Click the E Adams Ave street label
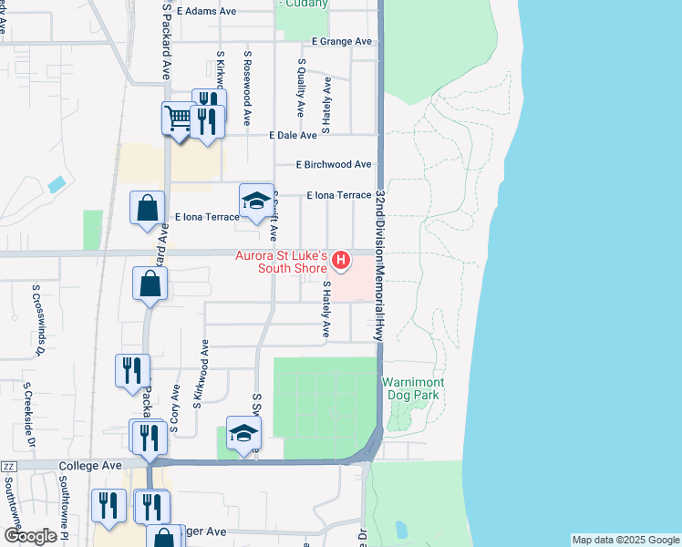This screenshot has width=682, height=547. pos(207,12)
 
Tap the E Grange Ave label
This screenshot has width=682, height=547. pos(342,42)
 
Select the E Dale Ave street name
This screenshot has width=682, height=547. pos(293,135)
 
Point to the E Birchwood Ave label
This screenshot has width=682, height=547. pos(334,165)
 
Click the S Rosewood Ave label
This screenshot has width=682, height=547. pos(247,88)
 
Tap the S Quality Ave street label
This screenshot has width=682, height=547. pos(300,88)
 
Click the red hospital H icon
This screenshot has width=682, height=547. pos(341,262)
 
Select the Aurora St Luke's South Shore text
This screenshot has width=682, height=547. pos(281,262)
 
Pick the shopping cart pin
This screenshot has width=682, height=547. pos(178,119)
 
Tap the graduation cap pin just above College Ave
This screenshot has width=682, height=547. pos(243,434)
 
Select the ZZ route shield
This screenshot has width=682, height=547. pos(9,466)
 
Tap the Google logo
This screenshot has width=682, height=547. pos(30,536)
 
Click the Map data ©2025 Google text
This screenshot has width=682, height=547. pos(625,540)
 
